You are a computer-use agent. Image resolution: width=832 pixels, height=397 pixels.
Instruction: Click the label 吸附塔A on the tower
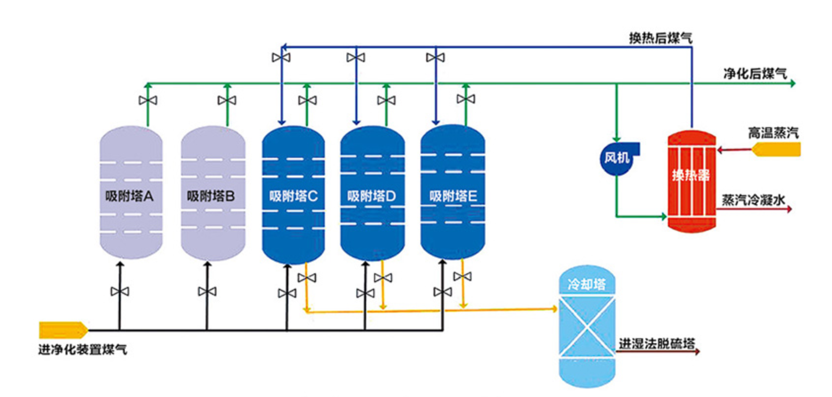[129, 196]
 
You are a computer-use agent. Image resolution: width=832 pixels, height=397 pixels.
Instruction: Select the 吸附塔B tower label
[211, 196]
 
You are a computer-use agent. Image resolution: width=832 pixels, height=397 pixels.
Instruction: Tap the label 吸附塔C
[293, 196]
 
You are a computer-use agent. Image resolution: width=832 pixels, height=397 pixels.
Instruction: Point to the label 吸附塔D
[372, 196]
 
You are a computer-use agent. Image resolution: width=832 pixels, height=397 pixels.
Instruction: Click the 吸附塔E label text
[453, 196]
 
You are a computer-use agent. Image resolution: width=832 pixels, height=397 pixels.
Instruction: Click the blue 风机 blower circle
[617, 158]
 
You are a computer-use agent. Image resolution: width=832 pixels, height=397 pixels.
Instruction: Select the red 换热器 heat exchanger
[692, 180]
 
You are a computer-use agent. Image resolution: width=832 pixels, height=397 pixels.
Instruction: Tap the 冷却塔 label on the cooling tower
[587, 284]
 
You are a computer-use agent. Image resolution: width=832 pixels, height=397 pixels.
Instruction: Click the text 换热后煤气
[660, 38]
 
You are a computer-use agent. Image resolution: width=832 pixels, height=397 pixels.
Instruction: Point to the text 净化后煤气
[755, 74]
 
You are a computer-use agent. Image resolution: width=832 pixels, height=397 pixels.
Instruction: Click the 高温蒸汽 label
[773, 133]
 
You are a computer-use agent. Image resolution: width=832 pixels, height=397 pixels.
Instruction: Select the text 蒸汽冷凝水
[753, 200]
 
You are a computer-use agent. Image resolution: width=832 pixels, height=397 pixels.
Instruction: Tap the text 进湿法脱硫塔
[657, 344]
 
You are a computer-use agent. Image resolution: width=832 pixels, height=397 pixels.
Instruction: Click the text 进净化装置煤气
[83, 350]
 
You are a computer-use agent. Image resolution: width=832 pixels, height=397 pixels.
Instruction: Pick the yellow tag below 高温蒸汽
[776, 149]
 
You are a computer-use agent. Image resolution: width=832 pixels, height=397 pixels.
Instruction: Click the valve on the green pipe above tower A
[148, 101]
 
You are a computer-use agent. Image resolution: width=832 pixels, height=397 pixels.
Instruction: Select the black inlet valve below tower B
[207, 291]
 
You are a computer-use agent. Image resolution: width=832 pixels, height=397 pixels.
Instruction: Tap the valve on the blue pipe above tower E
[435, 58]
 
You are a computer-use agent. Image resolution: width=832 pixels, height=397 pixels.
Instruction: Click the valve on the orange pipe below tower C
[307, 278]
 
